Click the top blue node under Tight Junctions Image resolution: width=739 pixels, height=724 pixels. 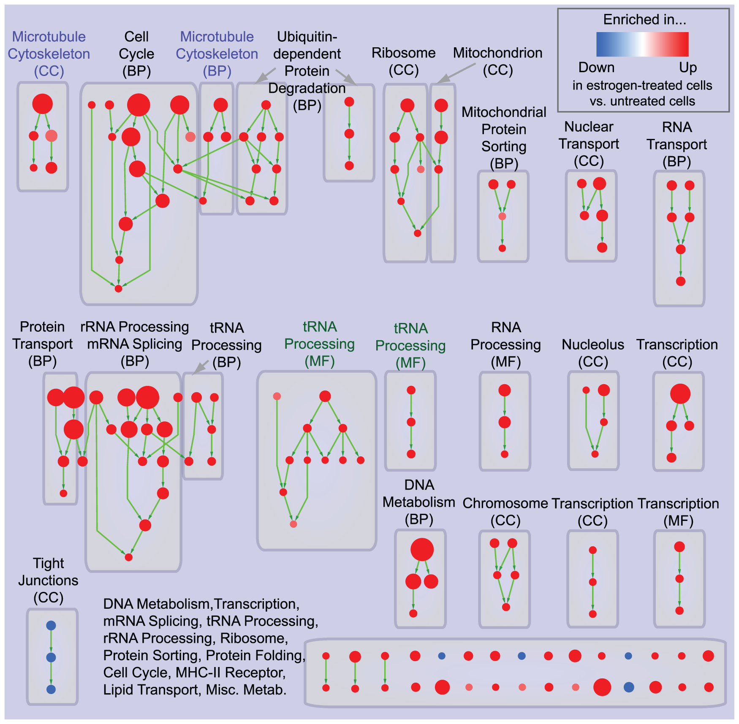click(51, 625)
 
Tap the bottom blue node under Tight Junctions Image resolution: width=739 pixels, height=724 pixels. click(51, 689)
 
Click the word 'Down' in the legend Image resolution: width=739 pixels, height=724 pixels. click(596, 68)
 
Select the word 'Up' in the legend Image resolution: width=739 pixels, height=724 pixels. click(688, 68)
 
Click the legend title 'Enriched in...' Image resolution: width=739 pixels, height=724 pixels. click(644, 19)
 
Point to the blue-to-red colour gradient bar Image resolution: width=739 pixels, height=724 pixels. click(642, 44)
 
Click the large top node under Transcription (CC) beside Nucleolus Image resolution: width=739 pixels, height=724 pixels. click(680, 394)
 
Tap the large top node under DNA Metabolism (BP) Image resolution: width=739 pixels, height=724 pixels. click(422, 549)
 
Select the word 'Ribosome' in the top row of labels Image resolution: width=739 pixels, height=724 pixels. click(403, 53)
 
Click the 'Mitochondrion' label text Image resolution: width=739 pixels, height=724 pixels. click(497, 53)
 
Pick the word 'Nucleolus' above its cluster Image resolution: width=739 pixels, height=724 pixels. click(592, 344)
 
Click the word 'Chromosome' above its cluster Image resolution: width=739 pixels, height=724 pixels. click(505, 503)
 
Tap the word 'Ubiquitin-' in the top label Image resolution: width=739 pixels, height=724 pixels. click(307, 37)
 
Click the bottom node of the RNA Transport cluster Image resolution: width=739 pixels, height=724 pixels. click(680, 281)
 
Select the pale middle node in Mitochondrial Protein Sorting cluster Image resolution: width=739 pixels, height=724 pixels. click(502, 216)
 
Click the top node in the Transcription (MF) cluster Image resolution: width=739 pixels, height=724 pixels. click(679, 547)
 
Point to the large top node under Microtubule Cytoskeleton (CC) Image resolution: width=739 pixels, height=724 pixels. click(43, 103)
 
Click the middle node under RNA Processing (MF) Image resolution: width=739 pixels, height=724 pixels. click(505, 422)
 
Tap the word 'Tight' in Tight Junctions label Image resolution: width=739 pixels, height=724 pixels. click(48, 563)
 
